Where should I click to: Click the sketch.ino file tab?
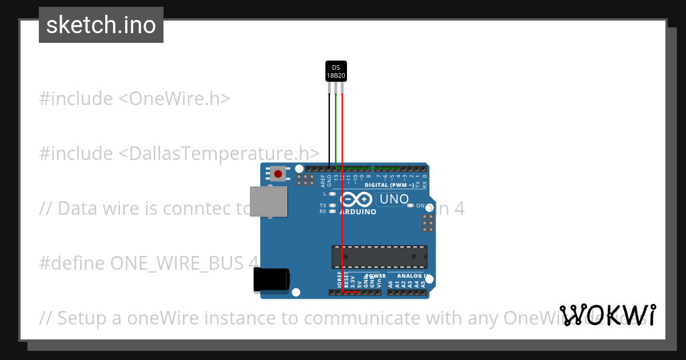pyautogui.click(x=101, y=25)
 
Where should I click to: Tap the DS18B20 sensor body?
pyautogui.click(x=336, y=71)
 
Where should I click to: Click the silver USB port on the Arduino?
pyautogui.click(x=269, y=202)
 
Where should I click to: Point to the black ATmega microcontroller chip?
pyautogui.click(x=380, y=257)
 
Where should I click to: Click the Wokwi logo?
pyautogui.click(x=608, y=315)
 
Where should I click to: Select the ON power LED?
pyautogui.click(x=410, y=206)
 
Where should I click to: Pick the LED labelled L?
pyautogui.click(x=333, y=194)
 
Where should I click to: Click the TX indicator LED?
pyautogui.click(x=333, y=205)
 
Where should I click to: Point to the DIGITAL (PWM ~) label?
pyautogui.click(x=389, y=185)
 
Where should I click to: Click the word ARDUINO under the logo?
pyautogui.click(x=358, y=212)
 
